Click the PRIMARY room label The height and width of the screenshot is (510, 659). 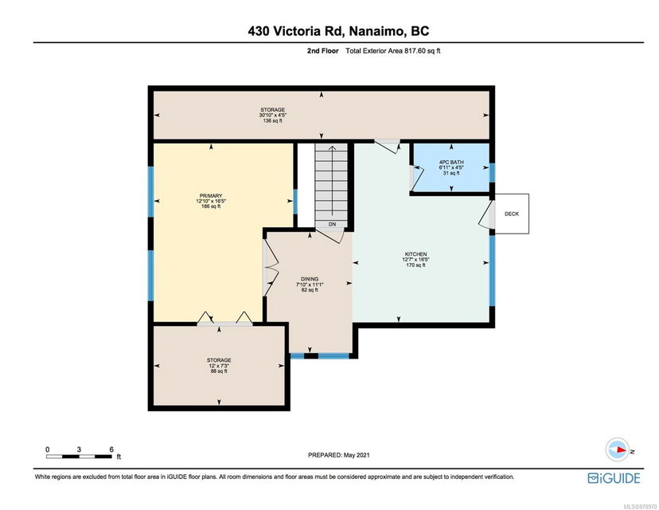[x=211, y=196]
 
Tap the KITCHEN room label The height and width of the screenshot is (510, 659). [x=415, y=254]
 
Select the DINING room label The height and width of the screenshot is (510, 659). [x=310, y=279]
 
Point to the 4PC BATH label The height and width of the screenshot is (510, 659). [x=451, y=162]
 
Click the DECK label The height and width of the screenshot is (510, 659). [x=512, y=214]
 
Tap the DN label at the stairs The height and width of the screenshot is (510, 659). [x=332, y=224]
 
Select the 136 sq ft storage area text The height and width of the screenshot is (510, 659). [x=272, y=121]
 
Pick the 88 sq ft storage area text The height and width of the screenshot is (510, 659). [x=219, y=371]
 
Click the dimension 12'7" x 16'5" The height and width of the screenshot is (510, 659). [x=415, y=260]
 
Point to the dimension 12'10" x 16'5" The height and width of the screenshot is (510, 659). [x=211, y=201]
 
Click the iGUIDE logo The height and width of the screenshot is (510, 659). [x=614, y=478]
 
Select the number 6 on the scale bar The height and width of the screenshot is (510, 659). [x=111, y=449]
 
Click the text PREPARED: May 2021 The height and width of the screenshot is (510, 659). [x=339, y=455]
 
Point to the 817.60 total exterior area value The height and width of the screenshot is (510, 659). [x=415, y=51]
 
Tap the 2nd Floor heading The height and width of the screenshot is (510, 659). [x=323, y=51]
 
